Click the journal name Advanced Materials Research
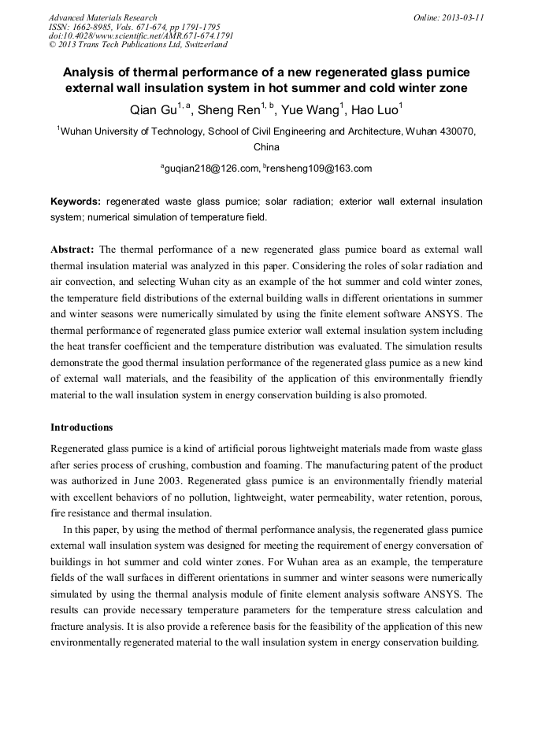pos(102,17)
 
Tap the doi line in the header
pos(141,36)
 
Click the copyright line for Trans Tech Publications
pos(138,46)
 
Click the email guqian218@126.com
pos(211,168)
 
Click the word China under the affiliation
pos(266,147)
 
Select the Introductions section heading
pos(82,427)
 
